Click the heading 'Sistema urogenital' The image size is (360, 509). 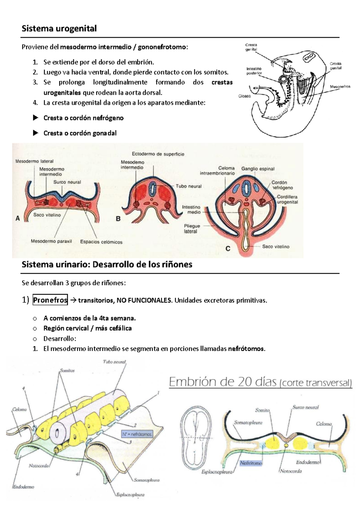59,29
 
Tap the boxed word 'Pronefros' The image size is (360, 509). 50,300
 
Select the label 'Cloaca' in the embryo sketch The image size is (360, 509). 244,96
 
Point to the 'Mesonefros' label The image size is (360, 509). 340,86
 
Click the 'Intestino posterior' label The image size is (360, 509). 254,71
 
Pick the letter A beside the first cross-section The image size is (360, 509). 18,219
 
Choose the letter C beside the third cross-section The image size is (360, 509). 228,248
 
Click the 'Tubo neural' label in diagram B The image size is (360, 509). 189,186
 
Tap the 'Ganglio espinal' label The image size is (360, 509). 258,169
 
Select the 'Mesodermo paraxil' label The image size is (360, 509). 51,241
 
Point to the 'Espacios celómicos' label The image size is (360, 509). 101,242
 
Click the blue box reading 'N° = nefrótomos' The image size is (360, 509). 137,434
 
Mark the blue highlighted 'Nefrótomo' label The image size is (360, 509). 251,463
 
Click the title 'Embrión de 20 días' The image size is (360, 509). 223,382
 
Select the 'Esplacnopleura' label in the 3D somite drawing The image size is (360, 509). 130,495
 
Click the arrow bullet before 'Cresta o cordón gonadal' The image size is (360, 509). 35,133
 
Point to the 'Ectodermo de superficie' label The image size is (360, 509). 158,154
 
